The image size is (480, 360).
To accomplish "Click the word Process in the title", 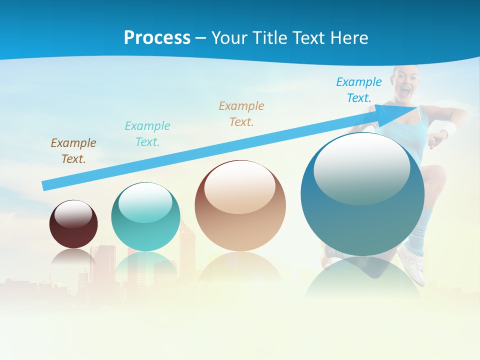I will tap(157, 38).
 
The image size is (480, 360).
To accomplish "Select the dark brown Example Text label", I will tap(73, 151).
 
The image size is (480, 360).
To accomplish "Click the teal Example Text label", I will tap(147, 134).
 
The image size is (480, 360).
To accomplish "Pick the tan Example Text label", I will tap(241, 114).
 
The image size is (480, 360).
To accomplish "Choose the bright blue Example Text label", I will tap(359, 90).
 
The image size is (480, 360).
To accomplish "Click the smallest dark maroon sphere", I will tap(73, 224).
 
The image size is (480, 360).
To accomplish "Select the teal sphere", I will tap(145, 217).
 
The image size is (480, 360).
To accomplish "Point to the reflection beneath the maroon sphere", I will tap(73, 257).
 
